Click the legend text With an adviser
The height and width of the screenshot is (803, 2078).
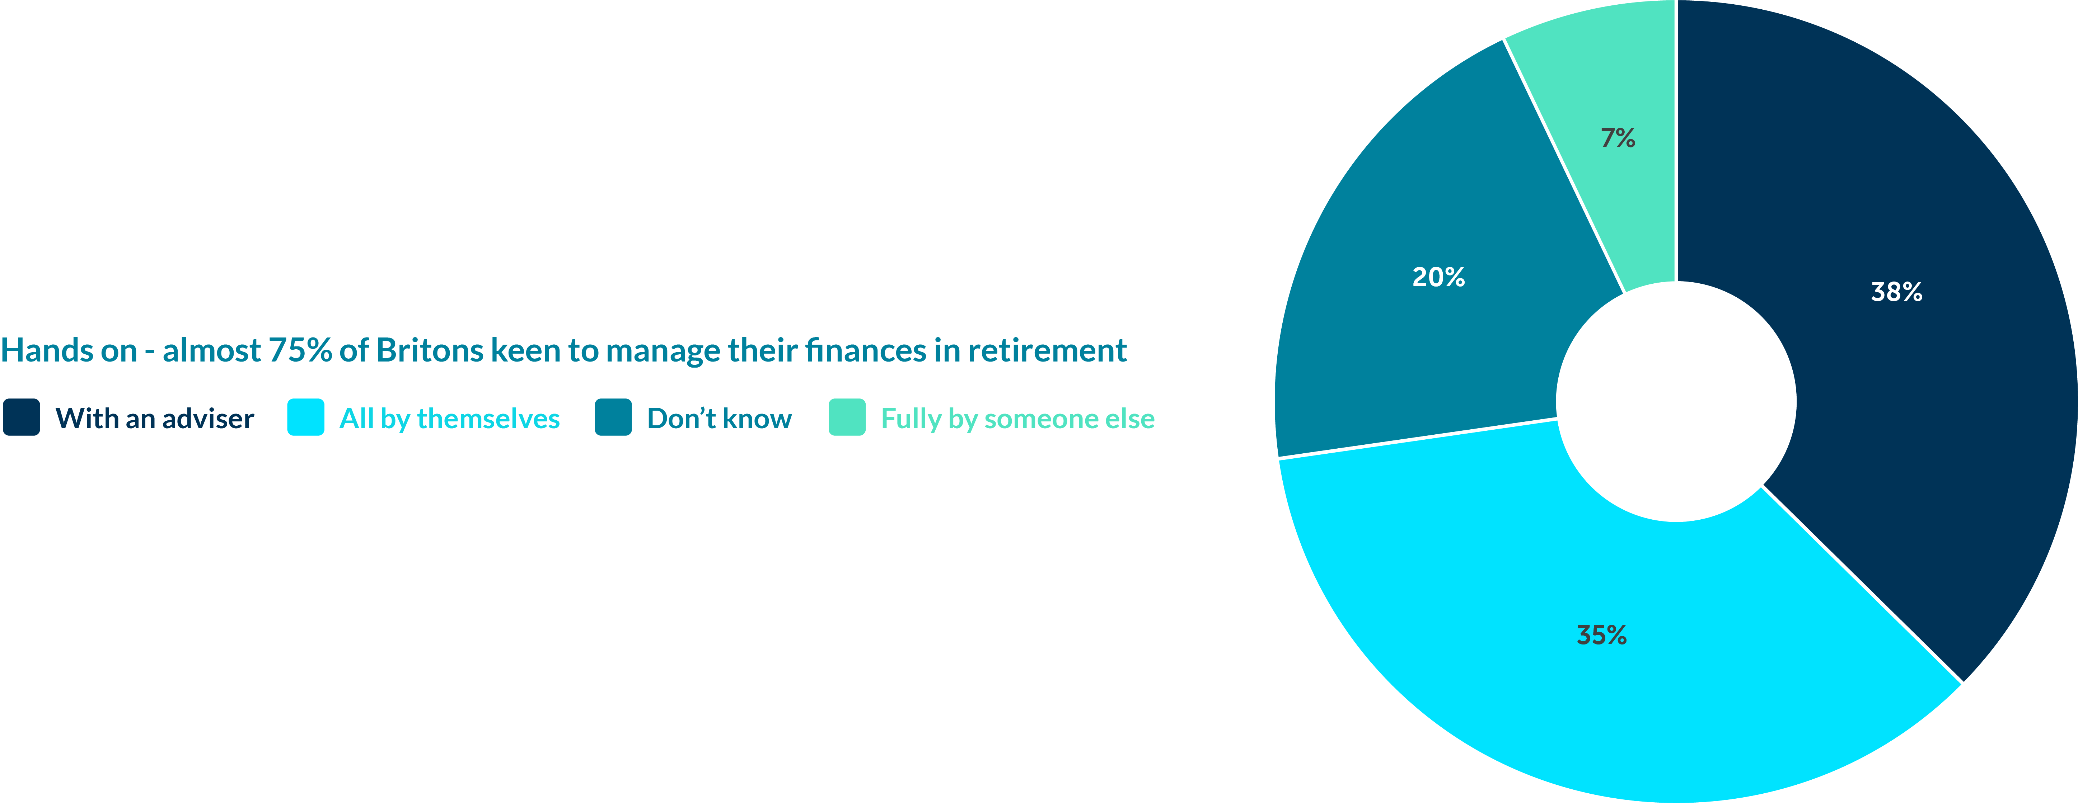[x=155, y=419]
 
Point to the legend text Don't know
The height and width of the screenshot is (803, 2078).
[x=720, y=419]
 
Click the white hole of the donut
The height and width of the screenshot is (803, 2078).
[x=1676, y=402]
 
